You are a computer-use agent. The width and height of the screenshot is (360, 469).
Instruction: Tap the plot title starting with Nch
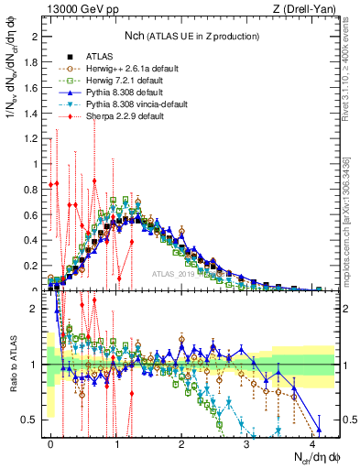click(x=191, y=35)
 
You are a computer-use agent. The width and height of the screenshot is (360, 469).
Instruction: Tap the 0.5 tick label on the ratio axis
click(x=30, y=420)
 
